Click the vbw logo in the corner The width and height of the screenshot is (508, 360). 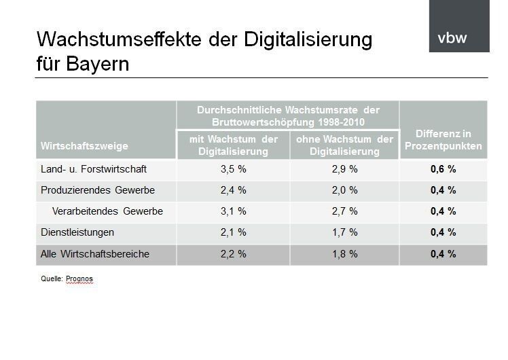452,38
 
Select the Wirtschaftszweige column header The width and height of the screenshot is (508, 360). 84,146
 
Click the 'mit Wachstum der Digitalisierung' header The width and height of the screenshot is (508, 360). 233,145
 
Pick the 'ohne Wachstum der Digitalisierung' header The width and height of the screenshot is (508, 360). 344,145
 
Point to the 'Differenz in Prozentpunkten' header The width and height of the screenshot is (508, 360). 443,140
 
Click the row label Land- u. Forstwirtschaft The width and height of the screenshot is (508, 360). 94,169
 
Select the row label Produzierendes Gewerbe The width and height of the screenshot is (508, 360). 98,190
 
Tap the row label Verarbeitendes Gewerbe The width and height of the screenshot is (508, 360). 107,211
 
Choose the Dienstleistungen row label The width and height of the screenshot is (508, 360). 77,232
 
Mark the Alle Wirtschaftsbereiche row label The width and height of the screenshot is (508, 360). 95,254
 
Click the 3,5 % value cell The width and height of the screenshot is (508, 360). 233,169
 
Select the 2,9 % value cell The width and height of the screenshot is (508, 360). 344,169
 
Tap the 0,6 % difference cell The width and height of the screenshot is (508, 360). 443,169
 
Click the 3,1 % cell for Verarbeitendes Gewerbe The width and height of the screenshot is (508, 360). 233,211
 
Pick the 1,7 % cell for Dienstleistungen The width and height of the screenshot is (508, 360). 344,232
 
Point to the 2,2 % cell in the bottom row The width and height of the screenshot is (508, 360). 233,254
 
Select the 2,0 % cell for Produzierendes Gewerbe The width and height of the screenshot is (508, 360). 344,190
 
